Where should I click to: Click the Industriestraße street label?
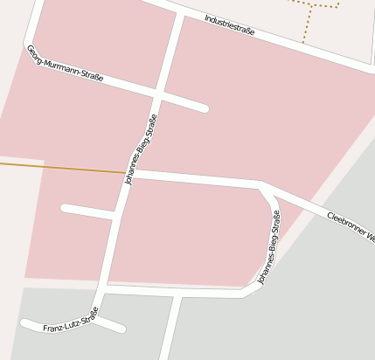(230, 24)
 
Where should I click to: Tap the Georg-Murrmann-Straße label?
(65, 63)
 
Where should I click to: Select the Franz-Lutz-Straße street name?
(71, 322)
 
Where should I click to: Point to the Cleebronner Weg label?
(350, 226)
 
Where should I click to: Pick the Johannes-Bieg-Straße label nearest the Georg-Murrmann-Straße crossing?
(141, 148)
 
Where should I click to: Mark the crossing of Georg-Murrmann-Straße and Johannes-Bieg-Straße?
(159, 92)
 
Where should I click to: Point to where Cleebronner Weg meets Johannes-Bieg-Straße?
(261, 183)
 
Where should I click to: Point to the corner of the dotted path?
(337, 7)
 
